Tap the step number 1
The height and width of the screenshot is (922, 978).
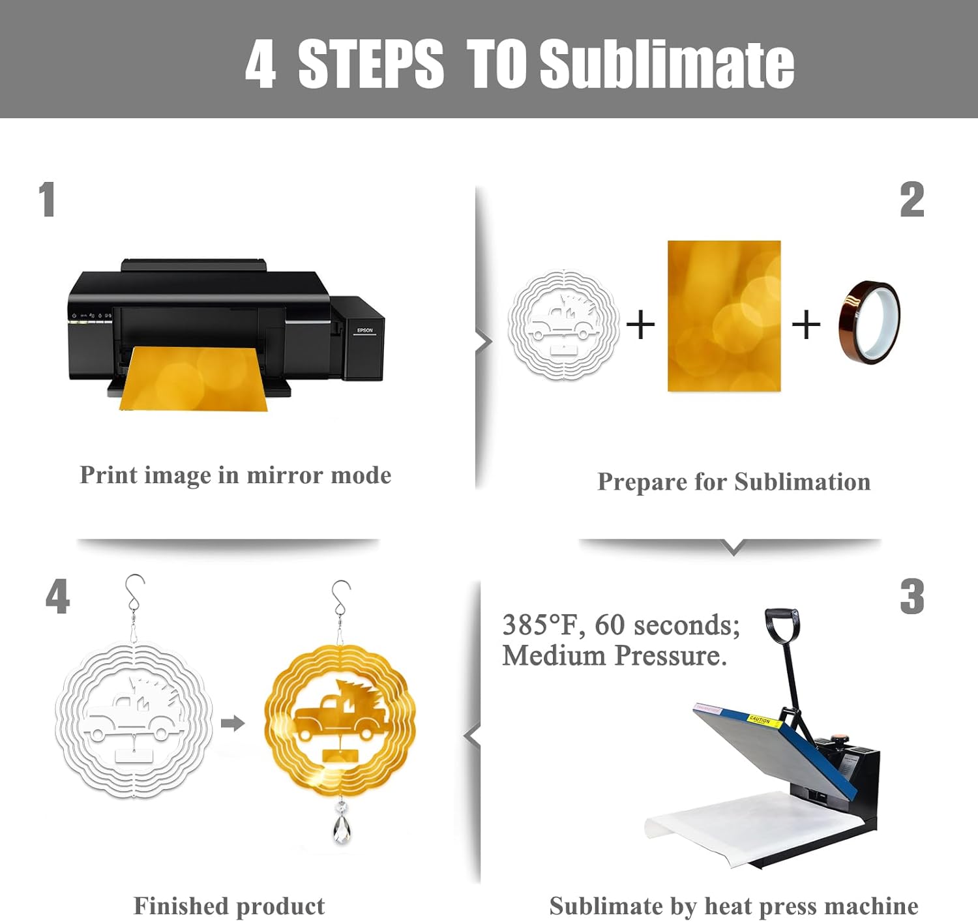(47, 199)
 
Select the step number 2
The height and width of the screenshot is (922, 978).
(911, 199)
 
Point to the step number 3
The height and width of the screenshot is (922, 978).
(911, 597)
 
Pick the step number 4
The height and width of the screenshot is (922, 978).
(57, 597)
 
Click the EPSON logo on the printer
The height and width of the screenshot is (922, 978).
(365, 330)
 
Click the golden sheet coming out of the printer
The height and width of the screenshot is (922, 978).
(194, 378)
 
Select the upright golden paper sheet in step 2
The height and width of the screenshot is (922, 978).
(724, 316)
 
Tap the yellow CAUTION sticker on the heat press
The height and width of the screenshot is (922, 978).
(765, 722)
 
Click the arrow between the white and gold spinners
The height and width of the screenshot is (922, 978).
(232, 723)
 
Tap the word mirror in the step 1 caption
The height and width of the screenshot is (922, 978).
(285, 475)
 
